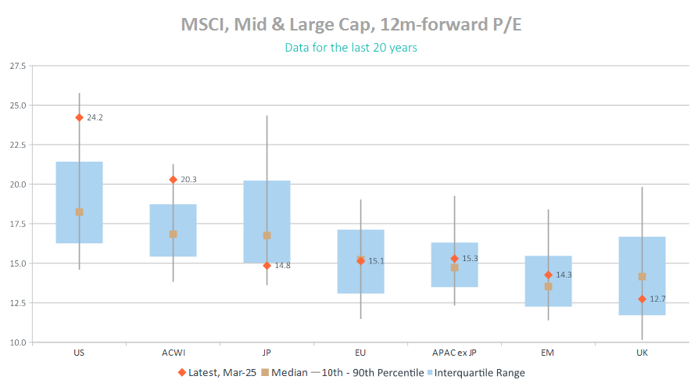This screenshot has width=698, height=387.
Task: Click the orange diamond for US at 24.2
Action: tap(79, 117)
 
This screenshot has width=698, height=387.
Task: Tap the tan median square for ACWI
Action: tap(173, 234)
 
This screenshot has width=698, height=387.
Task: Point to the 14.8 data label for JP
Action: tap(282, 266)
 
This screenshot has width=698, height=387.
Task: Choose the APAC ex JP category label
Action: tap(454, 353)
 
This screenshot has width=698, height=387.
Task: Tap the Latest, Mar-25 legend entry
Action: tap(217, 373)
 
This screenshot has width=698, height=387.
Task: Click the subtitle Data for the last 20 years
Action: tap(351, 48)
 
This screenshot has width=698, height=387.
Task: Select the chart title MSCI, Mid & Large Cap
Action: tap(351, 24)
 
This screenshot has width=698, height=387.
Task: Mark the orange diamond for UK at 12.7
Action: tap(642, 299)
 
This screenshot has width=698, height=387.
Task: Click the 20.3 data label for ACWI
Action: tap(188, 180)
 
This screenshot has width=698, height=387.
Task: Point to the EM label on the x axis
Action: tap(548, 353)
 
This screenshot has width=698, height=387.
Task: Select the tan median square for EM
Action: tap(548, 286)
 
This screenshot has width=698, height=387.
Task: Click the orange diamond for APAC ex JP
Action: tap(454, 258)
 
